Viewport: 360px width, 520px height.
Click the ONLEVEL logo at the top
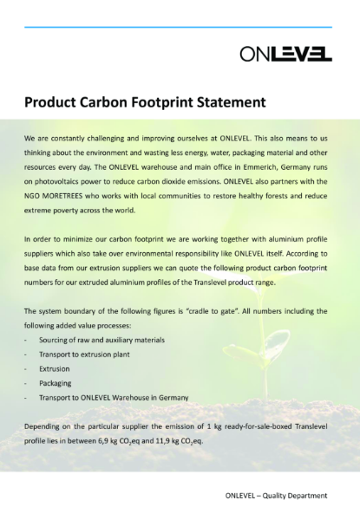286,55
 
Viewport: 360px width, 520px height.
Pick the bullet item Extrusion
55,368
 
